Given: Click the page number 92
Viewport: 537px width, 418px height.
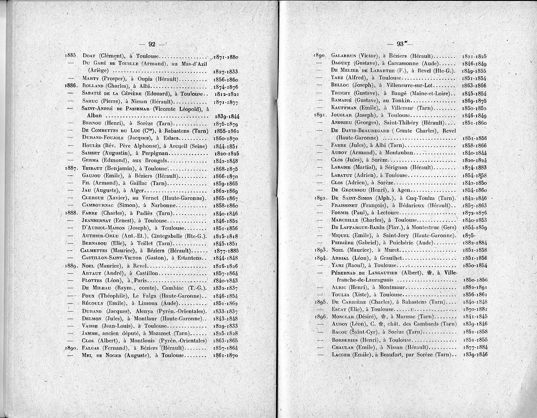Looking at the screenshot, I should coord(152,44).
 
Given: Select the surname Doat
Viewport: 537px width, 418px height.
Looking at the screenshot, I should coord(90,56).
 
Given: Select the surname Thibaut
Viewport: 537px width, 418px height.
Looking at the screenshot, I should coord(93,168).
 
